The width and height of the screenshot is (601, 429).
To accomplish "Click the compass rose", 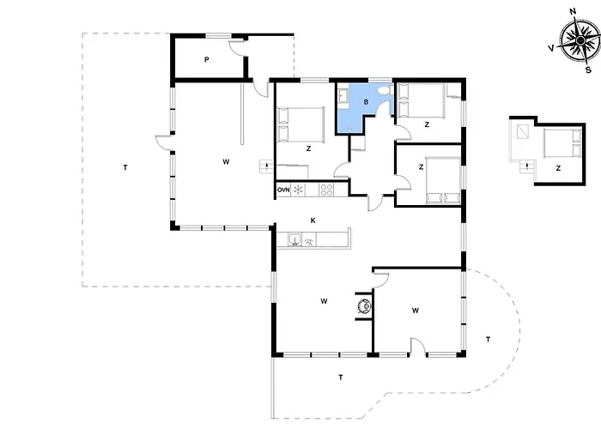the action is tap(580, 39).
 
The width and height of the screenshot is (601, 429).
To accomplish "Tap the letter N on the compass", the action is tap(573, 11).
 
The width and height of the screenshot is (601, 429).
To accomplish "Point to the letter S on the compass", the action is tap(588, 70).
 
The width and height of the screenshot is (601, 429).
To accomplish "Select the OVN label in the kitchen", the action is tap(283, 190).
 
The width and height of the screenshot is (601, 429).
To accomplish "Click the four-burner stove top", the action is tap(326, 190).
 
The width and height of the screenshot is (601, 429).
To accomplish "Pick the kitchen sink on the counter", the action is tap(294, 239).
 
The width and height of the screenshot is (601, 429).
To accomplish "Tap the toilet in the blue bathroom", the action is tap(383, 91).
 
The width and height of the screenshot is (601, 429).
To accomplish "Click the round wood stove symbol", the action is tap(364, 305).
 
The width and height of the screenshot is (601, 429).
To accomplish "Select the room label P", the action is tap(207, 60).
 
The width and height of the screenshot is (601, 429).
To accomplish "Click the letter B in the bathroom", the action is tap(366, 102).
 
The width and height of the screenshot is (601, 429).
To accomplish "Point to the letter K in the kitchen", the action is tap(313, 221).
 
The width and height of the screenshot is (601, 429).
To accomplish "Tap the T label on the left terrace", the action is tap(125, 167).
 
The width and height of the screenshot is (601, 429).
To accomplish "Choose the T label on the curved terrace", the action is tap(488, 340).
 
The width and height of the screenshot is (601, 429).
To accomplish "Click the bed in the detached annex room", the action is tap(562, 143).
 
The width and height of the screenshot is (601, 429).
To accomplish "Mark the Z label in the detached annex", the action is tap(558, 168).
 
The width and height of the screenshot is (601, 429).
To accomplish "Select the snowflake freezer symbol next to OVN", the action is tap(298, 190).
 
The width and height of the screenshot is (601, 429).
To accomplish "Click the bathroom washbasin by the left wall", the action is tap(343, 96).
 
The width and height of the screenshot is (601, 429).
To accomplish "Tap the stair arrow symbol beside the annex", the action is tap(526, 166).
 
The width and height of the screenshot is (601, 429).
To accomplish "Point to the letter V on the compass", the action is tap(551, 48).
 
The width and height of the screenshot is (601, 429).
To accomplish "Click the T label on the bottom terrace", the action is tap(340, 378).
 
